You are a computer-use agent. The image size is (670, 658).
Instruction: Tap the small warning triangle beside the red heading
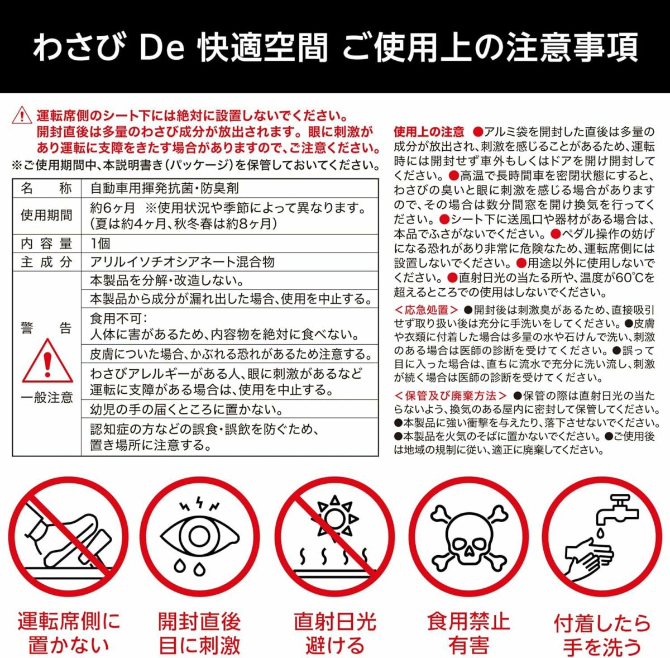[22, 115]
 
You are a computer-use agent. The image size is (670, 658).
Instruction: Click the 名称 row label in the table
[46, 188]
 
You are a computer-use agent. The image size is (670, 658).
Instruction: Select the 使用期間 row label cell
[46, 216]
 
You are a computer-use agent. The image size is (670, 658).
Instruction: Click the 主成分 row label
[46, 261]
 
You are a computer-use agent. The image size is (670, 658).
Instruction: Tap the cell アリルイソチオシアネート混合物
[182, 261]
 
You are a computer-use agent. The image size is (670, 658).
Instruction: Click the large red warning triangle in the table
[47, 362]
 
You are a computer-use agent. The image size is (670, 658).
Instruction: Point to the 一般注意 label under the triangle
[46, 397]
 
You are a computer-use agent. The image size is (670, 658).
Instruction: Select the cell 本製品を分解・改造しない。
[167, 280]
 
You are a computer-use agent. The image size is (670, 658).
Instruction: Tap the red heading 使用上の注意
[429, 131]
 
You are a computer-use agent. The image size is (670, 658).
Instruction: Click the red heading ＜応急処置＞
[426, 309]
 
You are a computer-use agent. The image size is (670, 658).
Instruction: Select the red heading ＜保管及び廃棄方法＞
[451, 395]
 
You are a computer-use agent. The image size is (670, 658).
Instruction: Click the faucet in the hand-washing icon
[617, 512]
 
